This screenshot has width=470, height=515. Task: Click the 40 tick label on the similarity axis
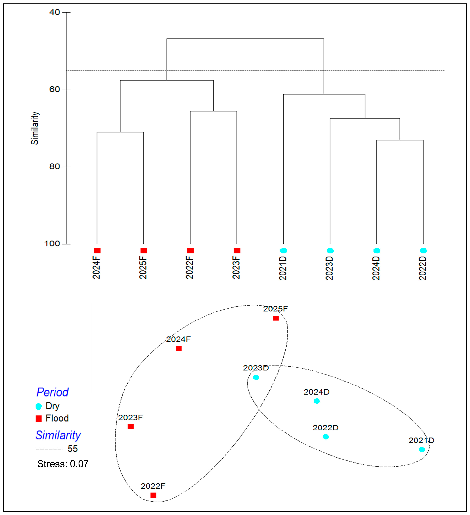55,12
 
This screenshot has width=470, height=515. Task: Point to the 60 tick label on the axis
55,89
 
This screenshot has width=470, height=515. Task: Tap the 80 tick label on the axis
55,166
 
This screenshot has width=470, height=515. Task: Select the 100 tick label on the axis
52,244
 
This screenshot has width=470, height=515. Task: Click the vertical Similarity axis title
35,128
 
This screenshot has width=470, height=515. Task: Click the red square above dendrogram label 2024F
97,251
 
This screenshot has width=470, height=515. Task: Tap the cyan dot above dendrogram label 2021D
284,251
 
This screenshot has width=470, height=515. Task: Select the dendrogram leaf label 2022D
423,268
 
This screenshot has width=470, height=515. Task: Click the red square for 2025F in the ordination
276,318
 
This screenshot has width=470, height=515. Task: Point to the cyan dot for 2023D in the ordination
256,377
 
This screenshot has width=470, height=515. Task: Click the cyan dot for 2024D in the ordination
317,401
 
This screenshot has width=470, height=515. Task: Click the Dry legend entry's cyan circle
39,406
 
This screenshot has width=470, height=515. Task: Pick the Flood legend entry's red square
39,419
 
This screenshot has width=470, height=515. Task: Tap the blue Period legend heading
52,392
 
